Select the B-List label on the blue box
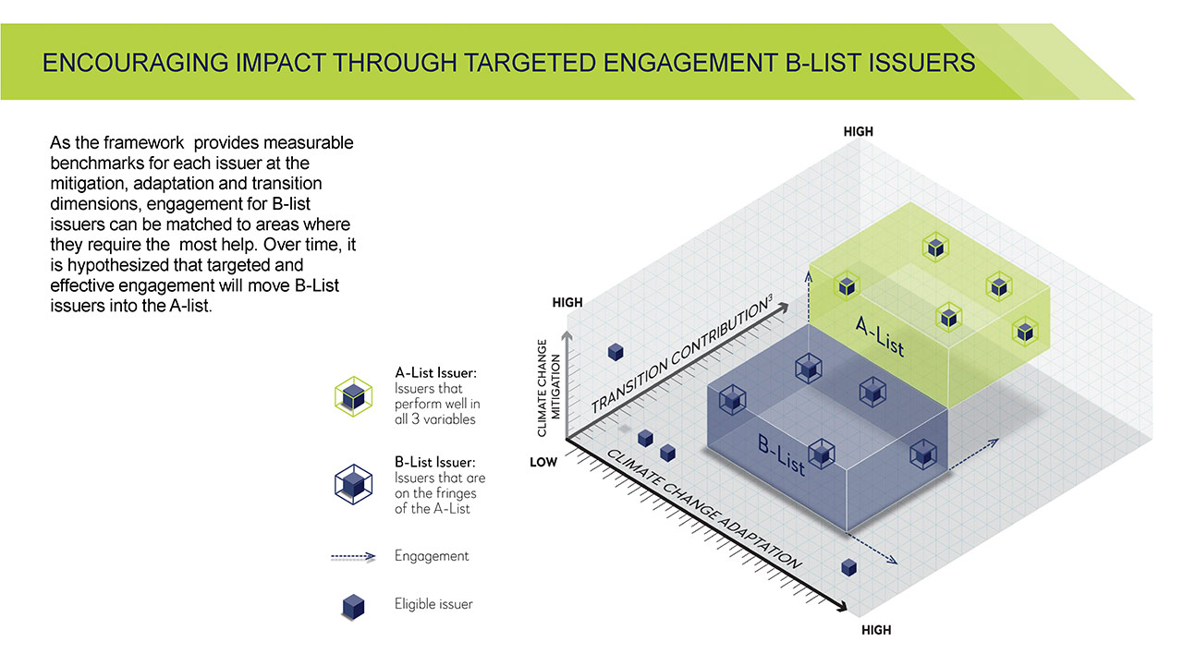(782, 455)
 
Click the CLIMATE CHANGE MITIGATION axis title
(548, 388)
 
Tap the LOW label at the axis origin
(543, 462)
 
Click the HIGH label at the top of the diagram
(858, 132)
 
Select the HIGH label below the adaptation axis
(876, 630)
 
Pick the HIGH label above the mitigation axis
(567, 302)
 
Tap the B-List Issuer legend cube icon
(353, 483)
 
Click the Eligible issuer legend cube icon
(353, 606)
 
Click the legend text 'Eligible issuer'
(433, 604)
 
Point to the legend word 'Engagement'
(432, 555)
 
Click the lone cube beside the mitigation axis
(616, 351)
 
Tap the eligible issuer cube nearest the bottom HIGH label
(848, 567)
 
